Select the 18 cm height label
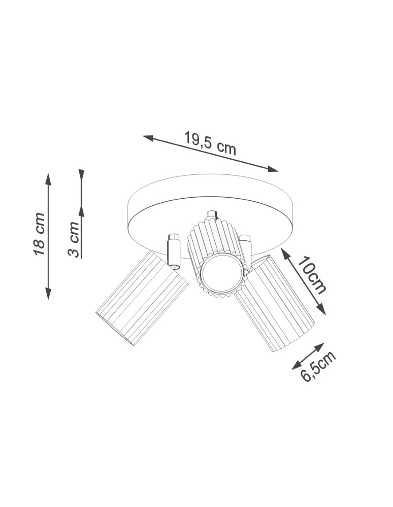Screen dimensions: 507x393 pyautogui.click(x=40, y=234)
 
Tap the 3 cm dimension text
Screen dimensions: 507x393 pyautogui.click(x=74, y=239)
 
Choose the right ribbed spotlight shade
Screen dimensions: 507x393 pyautogui.click(x=274, y=304)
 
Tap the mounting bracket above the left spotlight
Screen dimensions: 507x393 pyautogui.click(x=174, y=249)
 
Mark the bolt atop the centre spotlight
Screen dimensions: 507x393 pyautogui.click(x=212, y=215)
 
